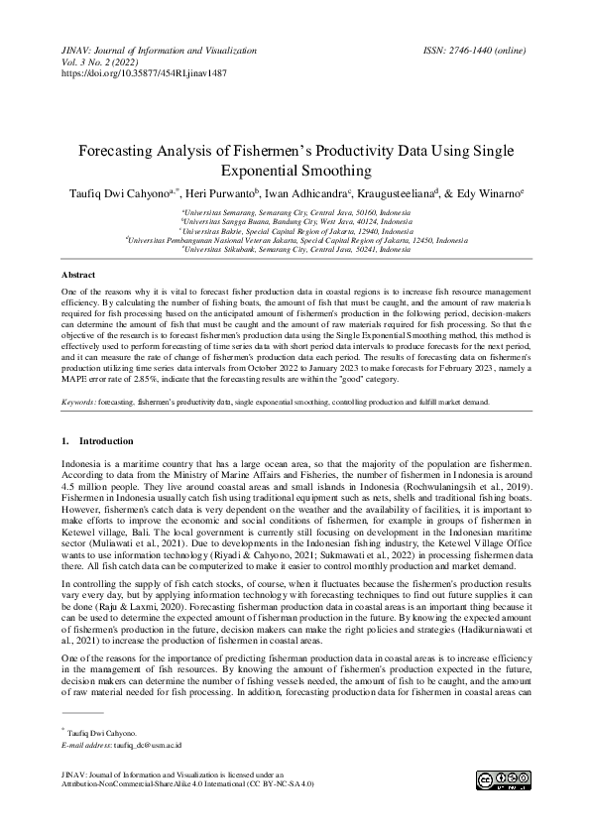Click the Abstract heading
coord(78,273)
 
